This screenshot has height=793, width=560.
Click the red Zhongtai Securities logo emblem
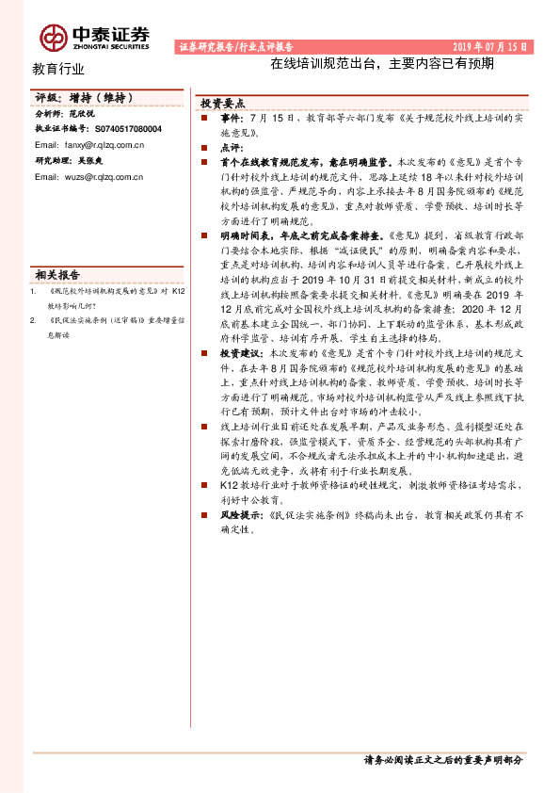click(x=53, y=35)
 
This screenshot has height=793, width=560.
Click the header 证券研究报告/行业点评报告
click(x=235, y=46)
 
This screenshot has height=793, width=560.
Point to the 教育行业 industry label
click(x=58, y=69)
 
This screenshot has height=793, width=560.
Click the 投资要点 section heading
click(x=223, y=104)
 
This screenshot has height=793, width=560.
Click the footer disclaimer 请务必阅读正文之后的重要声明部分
click(x=442, y=759)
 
